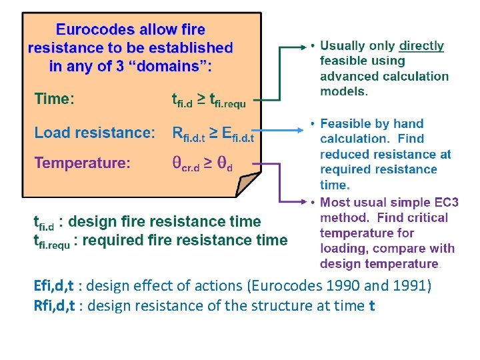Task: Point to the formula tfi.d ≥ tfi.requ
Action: coord(209,101)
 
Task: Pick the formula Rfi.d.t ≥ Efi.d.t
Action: coord(213,134)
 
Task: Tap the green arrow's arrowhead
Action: coord(301,47)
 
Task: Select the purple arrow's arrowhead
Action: coord(301,201)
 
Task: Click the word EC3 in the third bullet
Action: coord(445,202)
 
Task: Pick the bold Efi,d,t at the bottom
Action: coord(54,287)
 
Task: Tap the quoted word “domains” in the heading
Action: coord(169,67)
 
